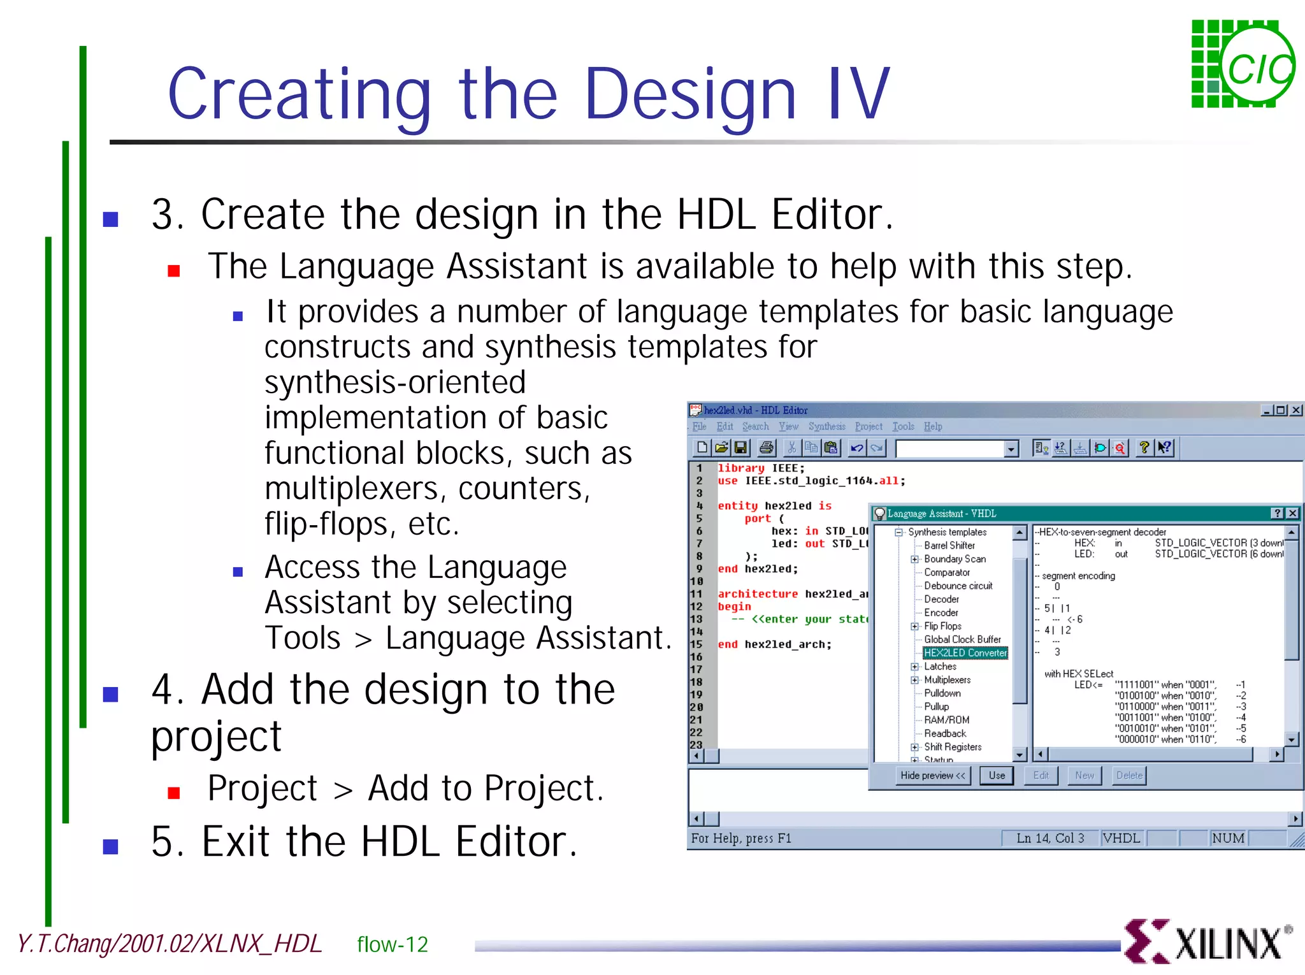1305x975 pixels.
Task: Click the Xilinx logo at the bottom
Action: pos(1206,942)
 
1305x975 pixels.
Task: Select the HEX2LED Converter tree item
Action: pos(965,653)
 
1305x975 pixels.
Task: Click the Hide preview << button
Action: pos(933,776)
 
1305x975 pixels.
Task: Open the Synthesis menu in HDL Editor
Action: pos(826,426)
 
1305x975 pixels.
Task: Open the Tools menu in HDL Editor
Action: pos(903,426)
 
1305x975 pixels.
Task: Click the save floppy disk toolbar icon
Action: pos(740,448)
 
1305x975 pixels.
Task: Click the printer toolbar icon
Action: pos(767,448)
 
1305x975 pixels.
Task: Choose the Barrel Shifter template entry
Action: pos(949,545)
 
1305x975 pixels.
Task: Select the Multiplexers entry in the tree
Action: pos(947,680)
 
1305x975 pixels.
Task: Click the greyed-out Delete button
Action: pos(1129,776)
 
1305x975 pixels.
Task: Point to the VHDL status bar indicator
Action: pos(1121,838)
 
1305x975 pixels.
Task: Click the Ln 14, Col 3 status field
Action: pos(1049,838)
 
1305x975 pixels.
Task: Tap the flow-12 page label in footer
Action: pos(393,944)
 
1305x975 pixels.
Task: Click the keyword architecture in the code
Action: pos(758,594)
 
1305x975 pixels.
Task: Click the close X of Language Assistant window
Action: pos(1292,514)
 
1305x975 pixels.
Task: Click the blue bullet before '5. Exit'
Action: pos(111,846)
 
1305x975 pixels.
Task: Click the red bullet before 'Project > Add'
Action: pos(173,793)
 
